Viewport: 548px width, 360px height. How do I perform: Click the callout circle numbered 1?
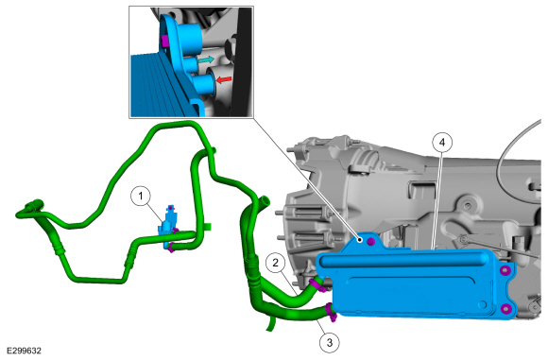click(x=141, y=197)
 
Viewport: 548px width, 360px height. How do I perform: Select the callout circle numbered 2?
click(x=275, y=263)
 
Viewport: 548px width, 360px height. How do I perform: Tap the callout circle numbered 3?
click(x=329, y=343)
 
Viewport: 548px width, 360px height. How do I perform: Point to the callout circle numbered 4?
click(x=442, y=143)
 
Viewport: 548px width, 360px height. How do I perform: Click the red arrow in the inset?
click(x=224, y=80)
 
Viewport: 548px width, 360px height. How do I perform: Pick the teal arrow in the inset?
click(x=206, y=60)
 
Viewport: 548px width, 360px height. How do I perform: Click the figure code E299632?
click(x=24, y=351)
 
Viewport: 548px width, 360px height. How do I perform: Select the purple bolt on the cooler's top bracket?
click(x=371, y=242)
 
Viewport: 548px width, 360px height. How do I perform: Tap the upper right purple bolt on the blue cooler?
click(x=505, y=270)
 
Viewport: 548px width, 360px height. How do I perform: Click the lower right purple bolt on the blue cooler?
click(x=505, y=309)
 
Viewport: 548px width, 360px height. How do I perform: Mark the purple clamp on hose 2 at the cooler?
click(x=317, y=283)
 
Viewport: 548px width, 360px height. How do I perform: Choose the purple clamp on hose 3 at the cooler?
click(x=331, y=312)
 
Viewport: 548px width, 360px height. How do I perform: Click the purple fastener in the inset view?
click(x=166, y=42)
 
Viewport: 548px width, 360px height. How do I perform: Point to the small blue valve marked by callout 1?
click(x=166, y=227)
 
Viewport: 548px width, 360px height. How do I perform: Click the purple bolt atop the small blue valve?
click(x=170, y=208)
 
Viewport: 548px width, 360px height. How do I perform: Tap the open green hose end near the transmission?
click(x=265, y=201)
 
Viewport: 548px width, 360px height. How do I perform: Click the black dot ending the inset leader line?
click(x=360, y=240)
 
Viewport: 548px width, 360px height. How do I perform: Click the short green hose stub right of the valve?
click(x=208, y=227)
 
